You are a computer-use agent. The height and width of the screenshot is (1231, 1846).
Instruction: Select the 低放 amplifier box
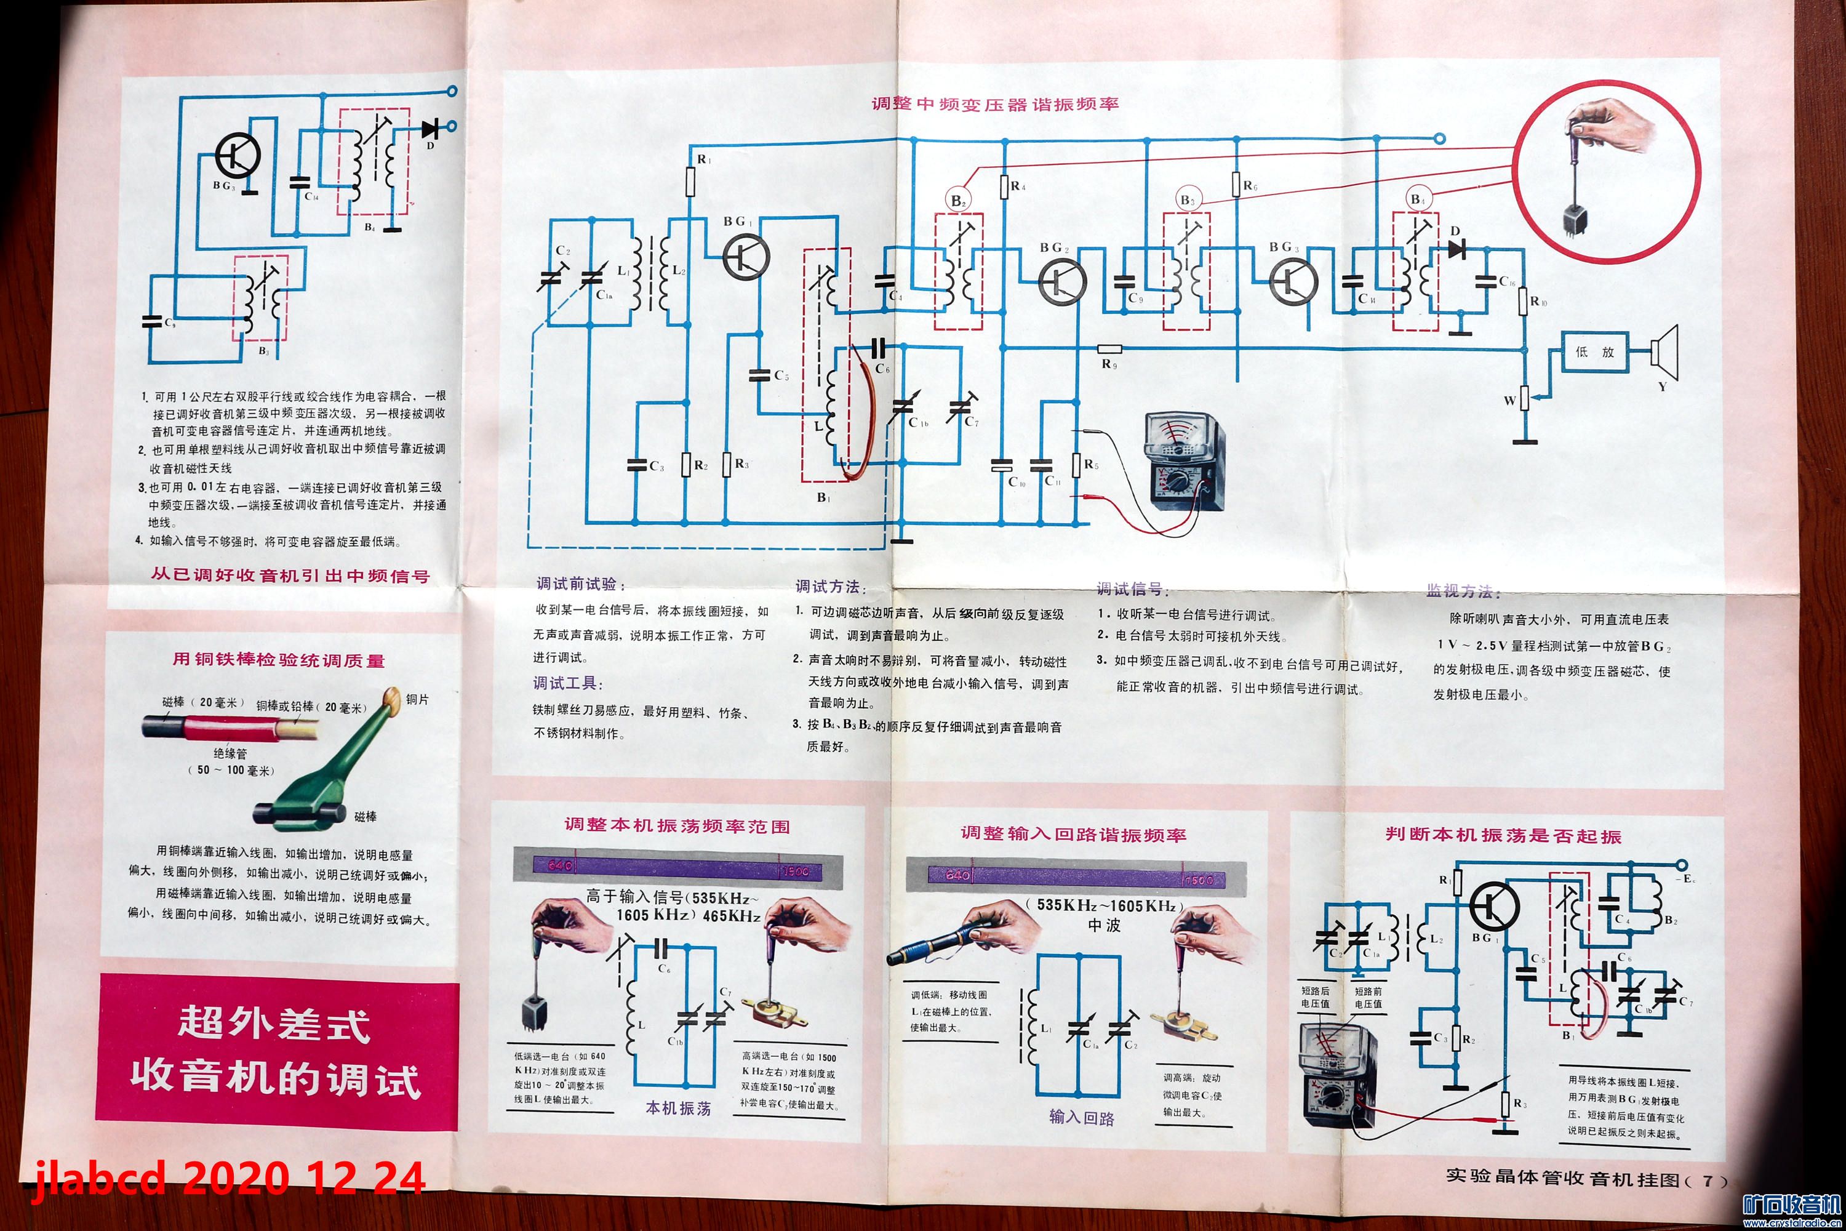pyautogui.click(x=1594, y=351)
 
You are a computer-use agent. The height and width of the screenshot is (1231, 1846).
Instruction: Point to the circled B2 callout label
pyautogui.click(x=957, y=200)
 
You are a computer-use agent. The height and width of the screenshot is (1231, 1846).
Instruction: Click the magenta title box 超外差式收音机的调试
pyautogui.click(x=276, y=1051)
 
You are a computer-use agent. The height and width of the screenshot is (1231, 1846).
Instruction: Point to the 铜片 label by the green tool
pyautogui.click(x=418, y=699)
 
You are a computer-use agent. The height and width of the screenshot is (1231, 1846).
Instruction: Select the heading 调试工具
pyautogui.click(x=567, y=683)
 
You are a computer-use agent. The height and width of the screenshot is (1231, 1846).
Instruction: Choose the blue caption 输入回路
pyautogui.click(x=1082, y=1118)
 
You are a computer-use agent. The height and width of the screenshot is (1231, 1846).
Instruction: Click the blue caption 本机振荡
pyautogui.click(x=678, y=1108)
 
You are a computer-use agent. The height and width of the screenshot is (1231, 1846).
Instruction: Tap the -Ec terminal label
pyautogui.click(x=1684, y=880)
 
